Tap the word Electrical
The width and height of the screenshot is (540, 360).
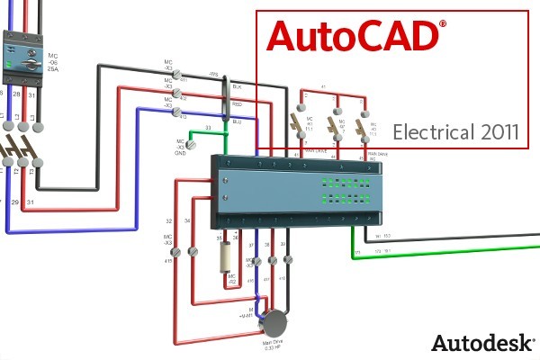click(x=433, y=132)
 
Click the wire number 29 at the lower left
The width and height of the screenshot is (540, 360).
click(x=15, y=202)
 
